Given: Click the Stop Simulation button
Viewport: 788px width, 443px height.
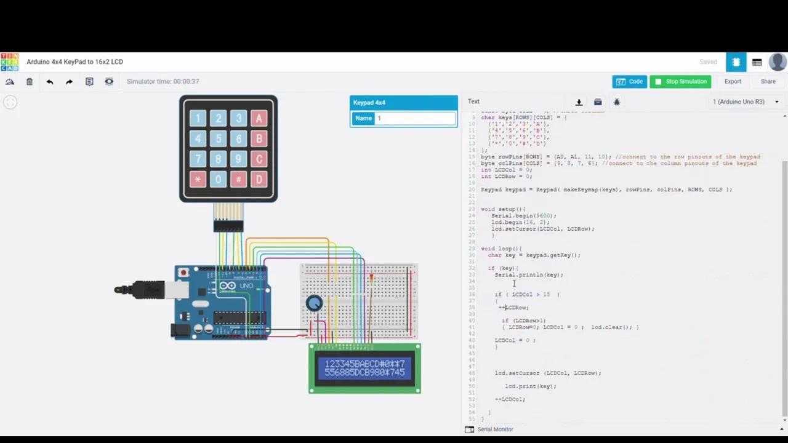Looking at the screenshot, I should tap(680, 81).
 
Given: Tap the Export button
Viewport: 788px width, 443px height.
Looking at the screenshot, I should tap(733, 81).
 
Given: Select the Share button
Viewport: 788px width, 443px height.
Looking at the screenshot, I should tap(768, 81).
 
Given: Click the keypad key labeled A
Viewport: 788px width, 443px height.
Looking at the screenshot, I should tap(259, 119).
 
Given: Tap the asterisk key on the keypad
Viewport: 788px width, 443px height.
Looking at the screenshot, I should tap(198, 180).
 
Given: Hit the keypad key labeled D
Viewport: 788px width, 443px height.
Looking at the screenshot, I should tap(259, 180).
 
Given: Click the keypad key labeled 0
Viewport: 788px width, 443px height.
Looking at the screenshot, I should tap(218, 180).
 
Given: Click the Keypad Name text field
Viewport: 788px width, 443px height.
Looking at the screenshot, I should tap(416, 118).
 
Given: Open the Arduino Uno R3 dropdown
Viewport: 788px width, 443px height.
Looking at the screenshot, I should tap(746, 102).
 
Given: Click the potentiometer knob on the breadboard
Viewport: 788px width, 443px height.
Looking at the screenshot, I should tap(314, 303).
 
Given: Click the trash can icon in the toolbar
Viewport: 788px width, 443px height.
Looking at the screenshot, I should tap(30, 81).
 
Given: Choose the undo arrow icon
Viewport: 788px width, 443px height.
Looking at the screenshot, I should tap(50, 81).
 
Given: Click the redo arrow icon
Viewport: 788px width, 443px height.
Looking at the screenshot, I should tap(69, 81).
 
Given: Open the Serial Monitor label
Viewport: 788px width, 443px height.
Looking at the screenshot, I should tap(495, 429).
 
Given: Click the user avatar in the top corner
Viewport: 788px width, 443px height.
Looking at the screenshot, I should tap(778, 62).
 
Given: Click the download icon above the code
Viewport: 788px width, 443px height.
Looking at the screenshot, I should tap(579, 102).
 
